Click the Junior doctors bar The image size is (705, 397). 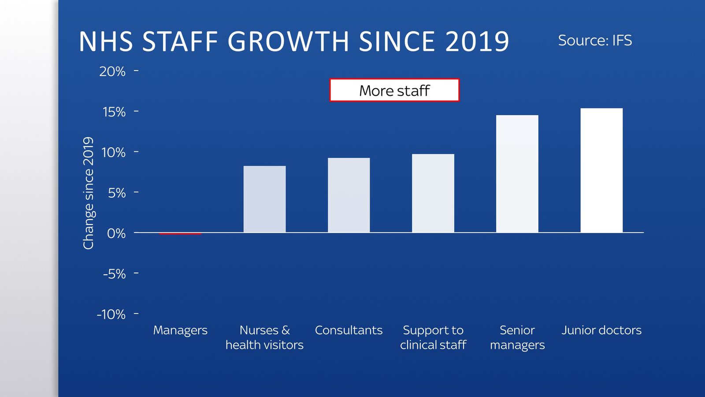pyautogui.click(x=601, y=170)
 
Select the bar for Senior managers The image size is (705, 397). pyautogui.click(x=517, y=174)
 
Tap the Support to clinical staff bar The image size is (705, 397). pyautogui.click(x=433, y=193)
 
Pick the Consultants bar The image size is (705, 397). pyautogui.click(x=349, y=195)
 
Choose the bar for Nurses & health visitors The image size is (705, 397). pyautogui.click(x=264, y=199)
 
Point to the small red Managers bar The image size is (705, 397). pyautogui.click(x=180, y=233)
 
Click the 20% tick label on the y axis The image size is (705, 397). pyautogui.click(x=112, y=71)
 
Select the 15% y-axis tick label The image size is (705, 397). pyautogui.click(x=114, y=112)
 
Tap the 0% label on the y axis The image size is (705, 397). pyautogui.click(x=116, y=233)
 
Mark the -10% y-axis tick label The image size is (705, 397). pyautogui.click(x=111, y=315)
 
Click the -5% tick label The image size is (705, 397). pyautogui.click(x=114, y=274)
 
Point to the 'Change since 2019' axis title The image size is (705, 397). pyautogui.click(x=89, y=193)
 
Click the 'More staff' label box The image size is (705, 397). pyautogui.click(x=394, y=90)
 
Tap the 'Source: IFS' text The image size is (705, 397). pyautogui.click(x=595, y=41)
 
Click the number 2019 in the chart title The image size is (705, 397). pyautogui.click(x=477, y=42)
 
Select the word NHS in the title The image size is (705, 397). pyautogui.click(x=106, y=42)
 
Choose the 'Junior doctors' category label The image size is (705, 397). pyautogui.click(x=601, y=330)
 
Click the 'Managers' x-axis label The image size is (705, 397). pyautogui.click(x=180, y=330)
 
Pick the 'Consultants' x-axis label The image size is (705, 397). pyautogui.click(x=349, y=330)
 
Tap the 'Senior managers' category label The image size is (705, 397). pyautogui.click(x=517, y=337)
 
